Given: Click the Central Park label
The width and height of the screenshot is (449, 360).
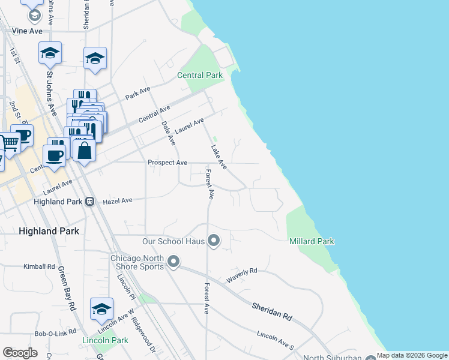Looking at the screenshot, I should coord(200,76).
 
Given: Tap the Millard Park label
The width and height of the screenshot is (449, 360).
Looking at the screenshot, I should coord(312,241).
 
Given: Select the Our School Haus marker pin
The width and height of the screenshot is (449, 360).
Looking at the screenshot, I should coord(214,241).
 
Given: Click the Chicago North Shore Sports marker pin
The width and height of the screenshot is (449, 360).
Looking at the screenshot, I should coord(173,262).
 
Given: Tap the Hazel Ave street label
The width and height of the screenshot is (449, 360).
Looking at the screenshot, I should coord(118,201).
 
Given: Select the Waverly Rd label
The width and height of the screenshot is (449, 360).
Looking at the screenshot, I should coord(241,275).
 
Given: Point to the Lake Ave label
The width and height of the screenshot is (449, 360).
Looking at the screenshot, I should coord(218,157).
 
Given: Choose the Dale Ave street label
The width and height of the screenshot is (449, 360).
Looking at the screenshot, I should coord(168,133).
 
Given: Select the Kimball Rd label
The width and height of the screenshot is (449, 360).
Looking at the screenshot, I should coord(39,266).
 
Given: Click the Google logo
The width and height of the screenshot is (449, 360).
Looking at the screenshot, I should coord(20,353).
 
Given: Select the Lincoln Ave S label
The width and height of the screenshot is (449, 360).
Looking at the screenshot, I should coord(276,339).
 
